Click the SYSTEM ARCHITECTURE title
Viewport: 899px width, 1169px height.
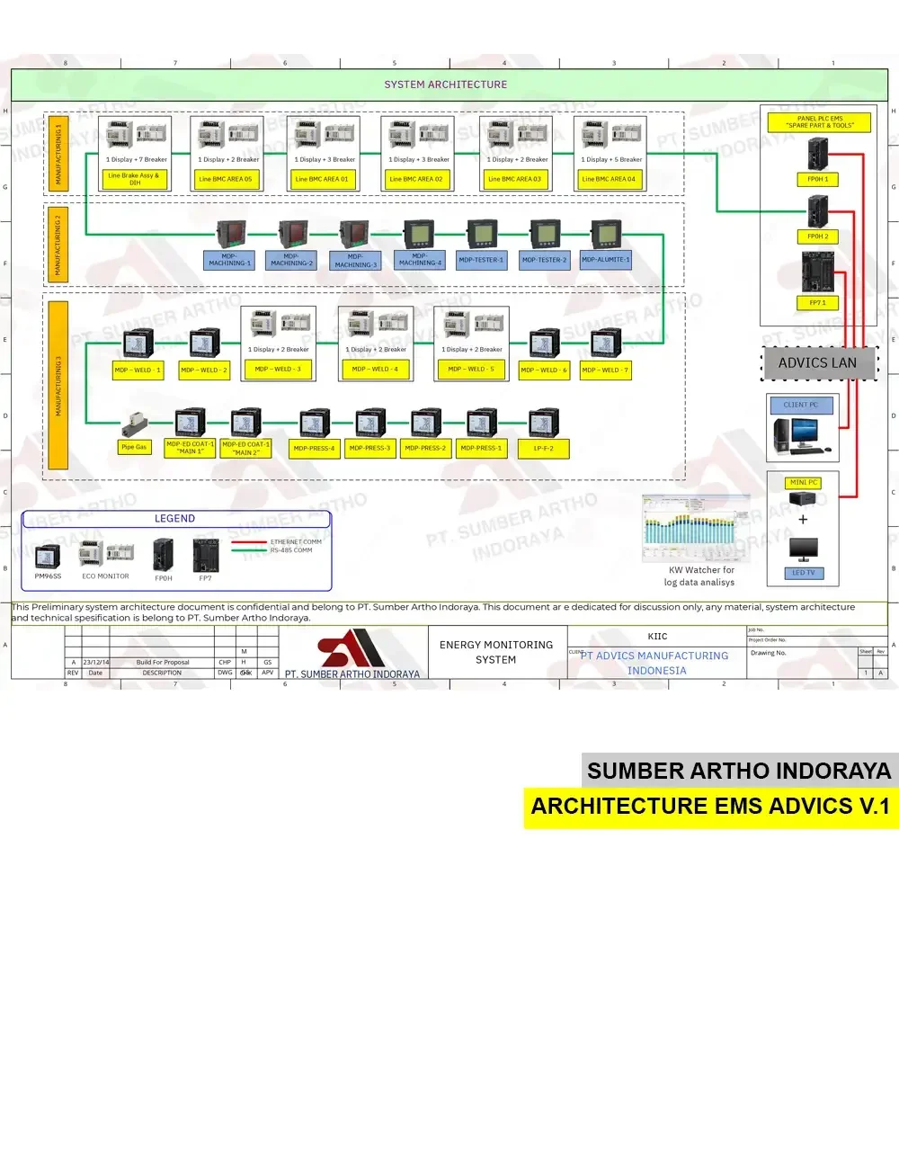click(x=446, y=85)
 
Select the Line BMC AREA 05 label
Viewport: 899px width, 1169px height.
click(x=226, y=179)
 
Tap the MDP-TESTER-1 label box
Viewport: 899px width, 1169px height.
click(x=482, y=260)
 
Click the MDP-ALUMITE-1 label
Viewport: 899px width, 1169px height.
click(x=606, y=260)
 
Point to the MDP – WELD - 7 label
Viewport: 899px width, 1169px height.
click(x=606, y=370)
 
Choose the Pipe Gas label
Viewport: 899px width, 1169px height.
click(x=134, y=447)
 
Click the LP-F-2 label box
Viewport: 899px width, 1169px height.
click(x=543, y=448)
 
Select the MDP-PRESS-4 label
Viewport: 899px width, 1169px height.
click(x=314, y=448)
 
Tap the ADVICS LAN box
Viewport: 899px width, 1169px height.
click(x=818, y=363)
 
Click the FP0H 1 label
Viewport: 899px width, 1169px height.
click(x=817, y=179)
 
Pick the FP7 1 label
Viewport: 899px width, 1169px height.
click(x=817, y=303)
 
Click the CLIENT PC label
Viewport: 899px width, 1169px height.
click(x=801, y=405)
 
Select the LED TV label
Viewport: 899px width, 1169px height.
click(x=803, y=573)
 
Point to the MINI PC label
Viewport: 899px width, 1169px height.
click(x=803, y=483)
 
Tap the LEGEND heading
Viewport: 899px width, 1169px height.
click(x=174, y=519)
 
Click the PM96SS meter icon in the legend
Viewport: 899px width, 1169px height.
click(x=48, y=558)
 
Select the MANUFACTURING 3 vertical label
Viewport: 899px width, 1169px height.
click(x=58, y=385)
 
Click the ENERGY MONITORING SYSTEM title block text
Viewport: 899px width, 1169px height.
click(x=496, y=652)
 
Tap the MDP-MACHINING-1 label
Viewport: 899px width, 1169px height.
click(x=229, y=260)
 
